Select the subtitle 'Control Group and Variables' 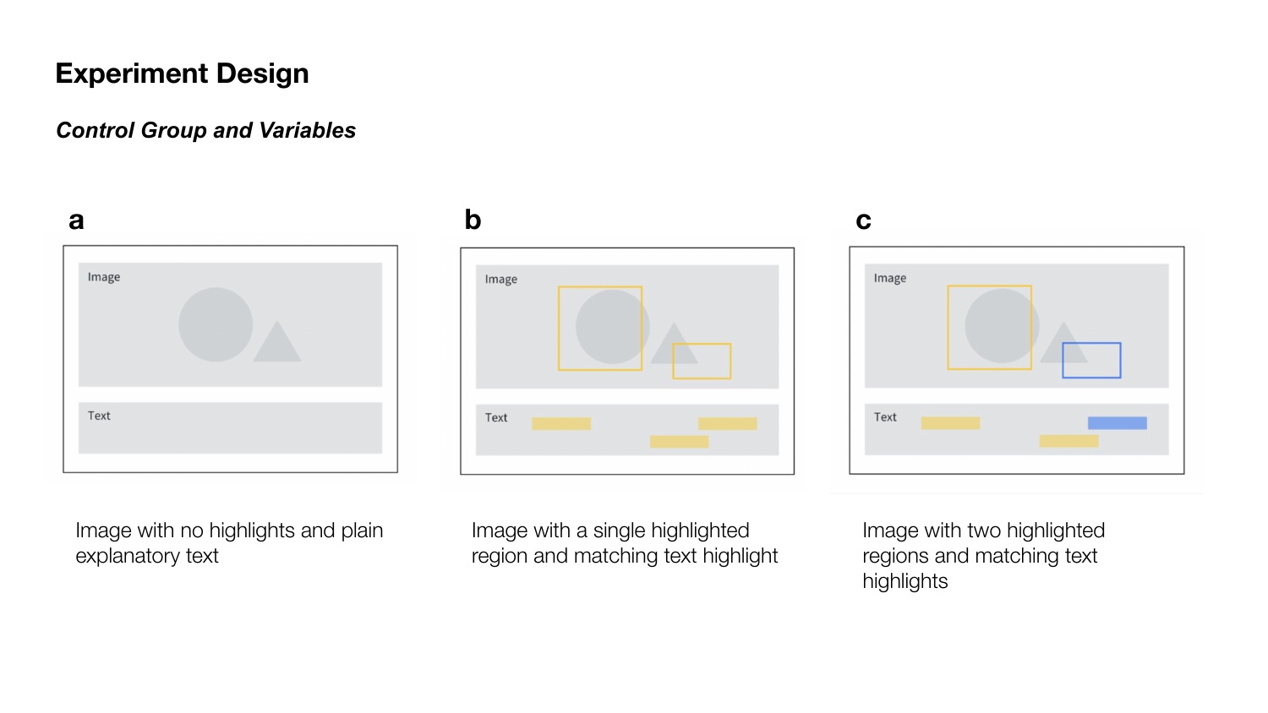(x=205, y=130)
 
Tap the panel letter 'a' (x=76, y=220)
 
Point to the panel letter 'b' (x=473, y=219)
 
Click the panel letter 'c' (x=863, y=220)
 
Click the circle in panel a (x=216, y=324)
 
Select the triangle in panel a (x=276, y=341)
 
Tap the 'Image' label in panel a (x=104, y=277)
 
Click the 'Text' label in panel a (x=99, y=416)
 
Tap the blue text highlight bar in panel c (x=1118, y=423)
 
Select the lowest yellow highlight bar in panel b (x=680, y=441)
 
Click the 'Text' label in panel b (x=496, y=418)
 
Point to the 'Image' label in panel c (x=890, y=279)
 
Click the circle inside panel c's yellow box (x=1002, y=326)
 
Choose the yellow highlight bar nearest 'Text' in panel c (x=950, y=423)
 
